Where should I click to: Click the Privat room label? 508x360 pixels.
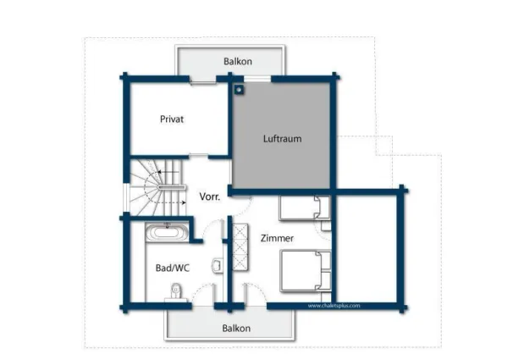pyautogui.click(x=172, y=119)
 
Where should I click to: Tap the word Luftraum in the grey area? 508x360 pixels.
pyautogui.click(x=282, y=138)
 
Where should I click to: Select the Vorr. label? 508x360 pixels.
pyautogui.click(x=210, y=197)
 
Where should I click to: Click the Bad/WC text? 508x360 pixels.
pyautogui.click(x=171, y=268)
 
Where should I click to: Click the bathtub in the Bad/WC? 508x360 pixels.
pyautogui.click(x=169, y=230)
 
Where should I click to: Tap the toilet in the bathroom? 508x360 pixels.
pyautogui.click(x=175, y=291)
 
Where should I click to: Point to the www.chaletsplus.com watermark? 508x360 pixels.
pyautogui.click(x=334, y=306)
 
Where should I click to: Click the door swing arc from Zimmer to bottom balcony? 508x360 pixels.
pyautogui.click(x=256, y=293)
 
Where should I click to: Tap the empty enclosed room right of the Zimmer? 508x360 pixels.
pyautogui.click(x=366, y=248)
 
